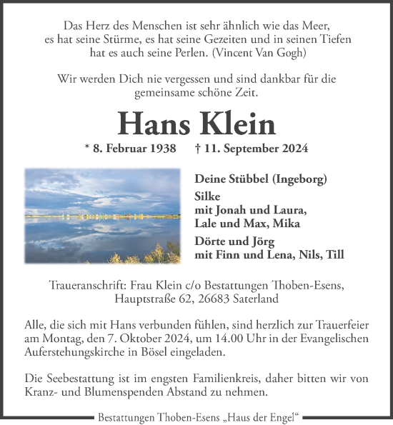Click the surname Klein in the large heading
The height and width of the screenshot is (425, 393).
tap(237, 124)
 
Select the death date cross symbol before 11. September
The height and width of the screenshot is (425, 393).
tap(196, 149)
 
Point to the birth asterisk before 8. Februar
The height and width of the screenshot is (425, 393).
tap(86, 149)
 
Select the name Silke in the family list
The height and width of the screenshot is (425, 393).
tap(208, 196)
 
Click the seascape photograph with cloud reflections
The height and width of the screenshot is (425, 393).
tap(102, 216)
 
